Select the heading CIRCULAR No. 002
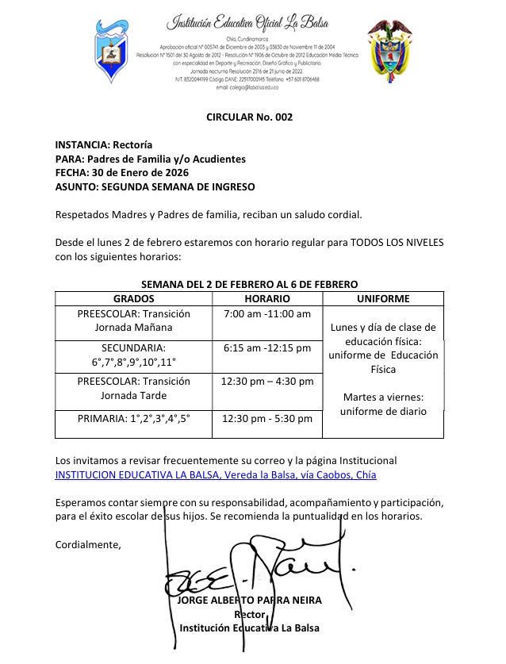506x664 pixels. pos(249,117)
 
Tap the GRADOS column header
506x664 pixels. pos(133,299)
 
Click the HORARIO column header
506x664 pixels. pos(266,299)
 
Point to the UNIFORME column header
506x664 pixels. pos(383,299)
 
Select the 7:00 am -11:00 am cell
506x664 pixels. pos(266,314)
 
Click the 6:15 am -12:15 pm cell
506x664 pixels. pos(266,347)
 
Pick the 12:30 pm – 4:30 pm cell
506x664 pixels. pos(266,382)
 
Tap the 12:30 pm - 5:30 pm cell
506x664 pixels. pos(266,418)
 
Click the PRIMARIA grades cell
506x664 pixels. pos(133,418)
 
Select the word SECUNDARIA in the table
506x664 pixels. pos(133,347)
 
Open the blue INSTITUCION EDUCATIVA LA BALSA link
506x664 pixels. pos(215,474)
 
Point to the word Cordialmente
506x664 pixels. pos(88,545)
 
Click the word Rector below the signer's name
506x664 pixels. pos(249,614)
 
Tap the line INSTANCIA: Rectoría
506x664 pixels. pos(98,145)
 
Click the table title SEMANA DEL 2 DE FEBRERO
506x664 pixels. pos(249,284)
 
